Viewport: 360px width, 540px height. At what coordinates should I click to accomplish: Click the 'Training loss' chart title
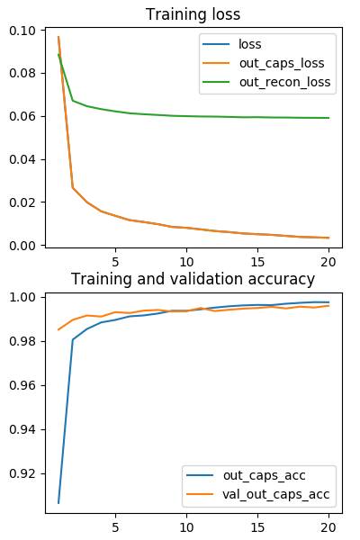coord(193,14)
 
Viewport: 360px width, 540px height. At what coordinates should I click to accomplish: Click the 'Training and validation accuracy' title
coord(193,279)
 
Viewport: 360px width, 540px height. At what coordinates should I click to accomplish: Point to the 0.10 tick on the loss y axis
coord(22,31)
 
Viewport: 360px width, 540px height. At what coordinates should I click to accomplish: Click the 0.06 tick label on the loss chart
coord(22,116)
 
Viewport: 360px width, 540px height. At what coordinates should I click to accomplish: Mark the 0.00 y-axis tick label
coord(22,246)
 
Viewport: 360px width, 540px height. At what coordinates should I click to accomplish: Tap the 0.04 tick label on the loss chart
coord(22,159)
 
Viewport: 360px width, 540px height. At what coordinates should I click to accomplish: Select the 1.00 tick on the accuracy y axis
coord(22,297)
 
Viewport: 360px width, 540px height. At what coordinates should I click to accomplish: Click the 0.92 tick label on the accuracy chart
coord(22,473)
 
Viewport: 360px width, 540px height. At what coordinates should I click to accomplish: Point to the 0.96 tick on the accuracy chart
coord(22,385)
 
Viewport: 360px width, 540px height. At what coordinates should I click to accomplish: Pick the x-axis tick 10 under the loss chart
coord(186,262)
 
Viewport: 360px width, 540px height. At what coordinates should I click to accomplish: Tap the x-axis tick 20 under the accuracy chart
coord(328,527)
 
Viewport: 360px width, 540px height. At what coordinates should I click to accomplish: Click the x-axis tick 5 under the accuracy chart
coord(115,527)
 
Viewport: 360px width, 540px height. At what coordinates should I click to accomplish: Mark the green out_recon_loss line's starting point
coord(58,54)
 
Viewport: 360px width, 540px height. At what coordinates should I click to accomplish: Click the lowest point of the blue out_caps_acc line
coord(58,503)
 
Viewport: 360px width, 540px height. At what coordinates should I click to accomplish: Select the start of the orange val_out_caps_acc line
coord(58,329)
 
